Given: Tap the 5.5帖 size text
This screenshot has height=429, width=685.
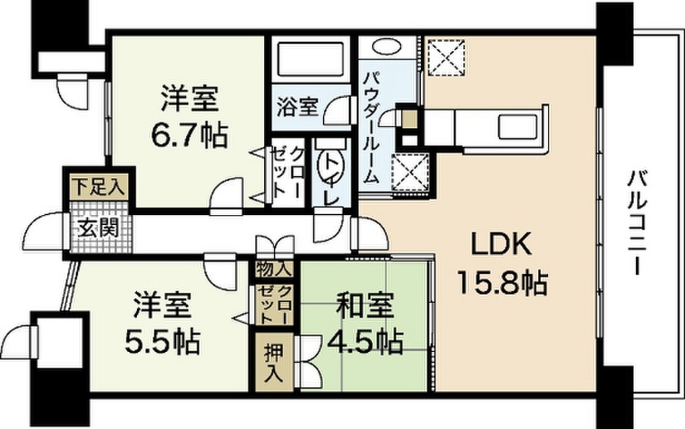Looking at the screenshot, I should (162, 343).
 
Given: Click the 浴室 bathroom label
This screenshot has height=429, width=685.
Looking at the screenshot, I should (298, 108).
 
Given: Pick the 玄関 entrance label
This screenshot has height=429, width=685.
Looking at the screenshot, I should (98, 230).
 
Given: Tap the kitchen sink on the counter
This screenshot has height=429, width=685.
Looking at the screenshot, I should (516, 126).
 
